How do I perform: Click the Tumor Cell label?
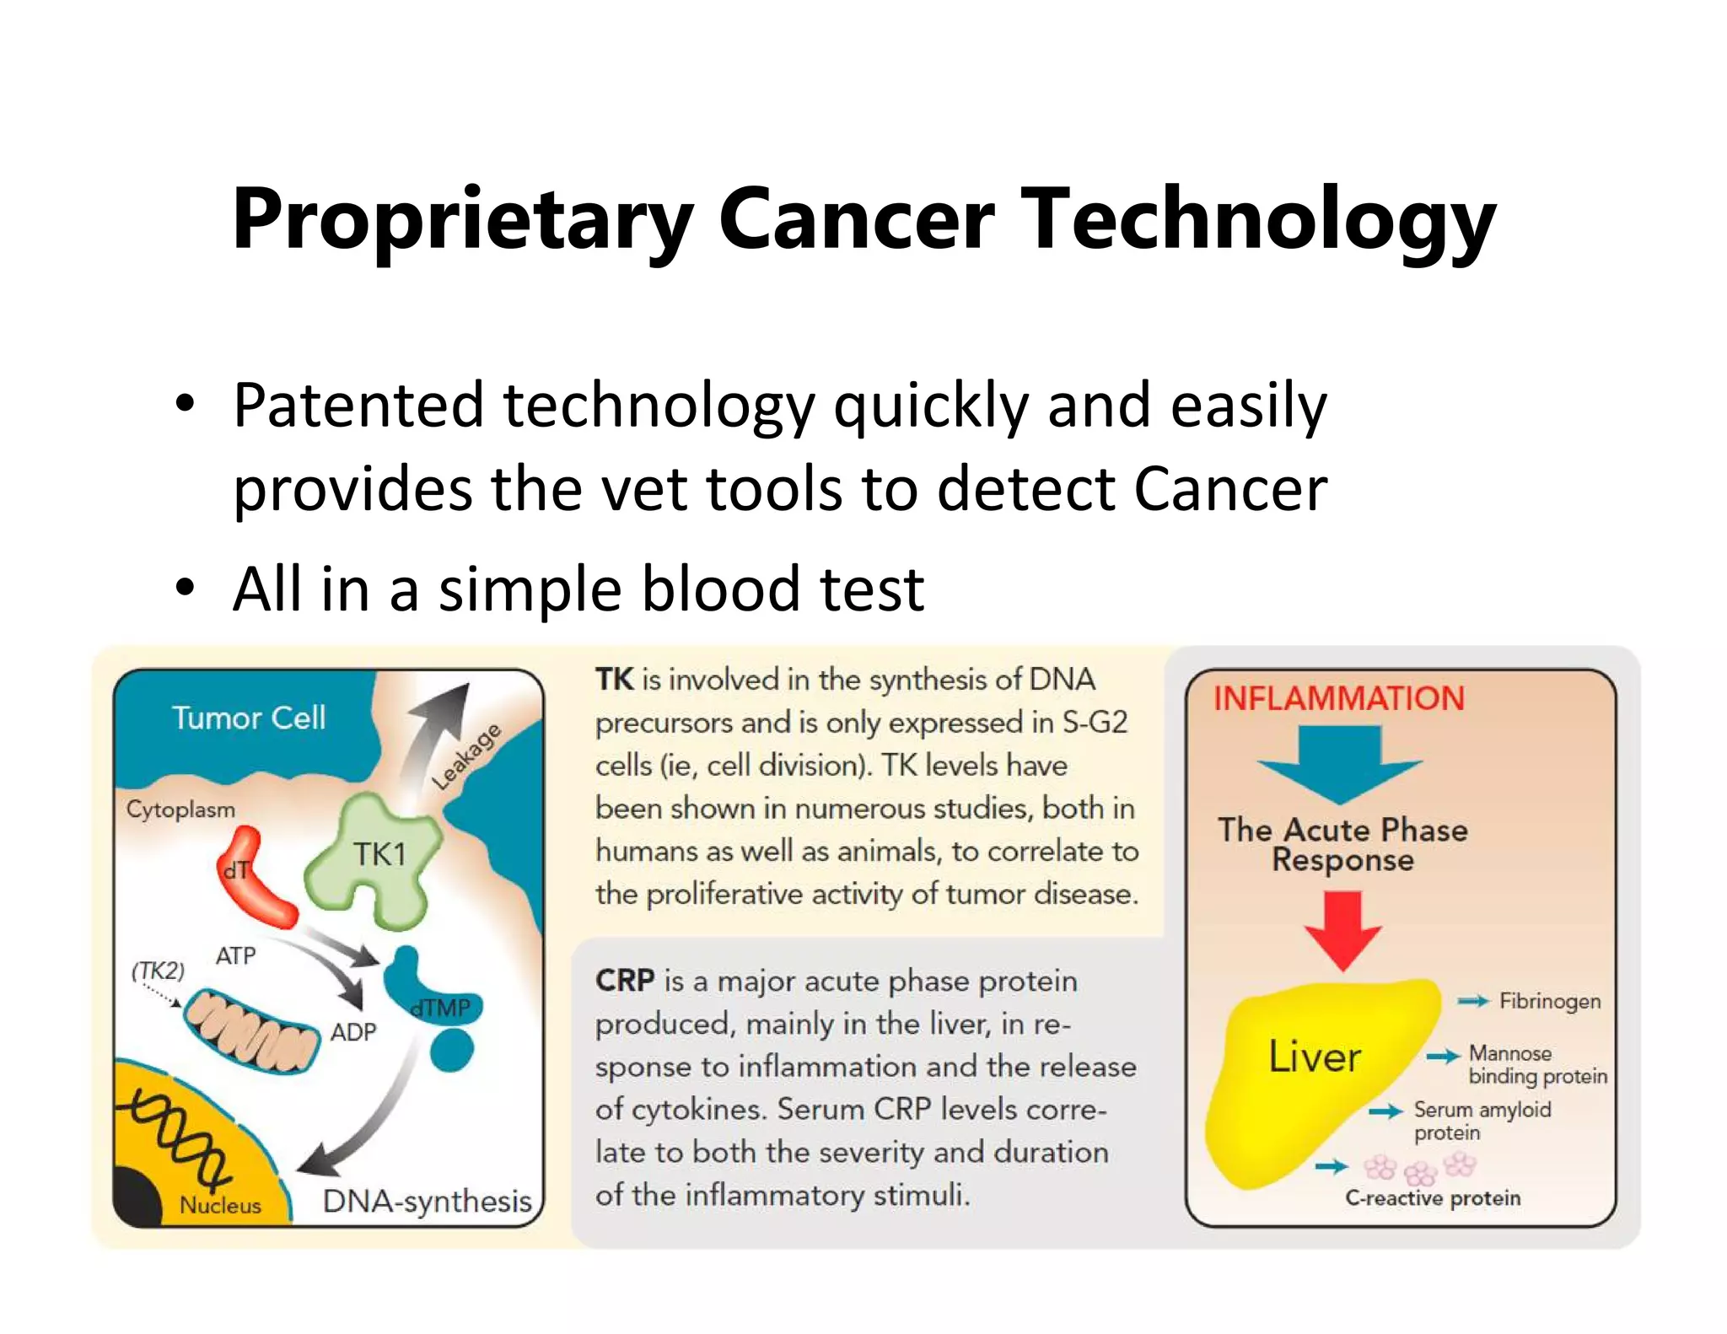point(249,718)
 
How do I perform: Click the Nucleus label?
point(220,1205)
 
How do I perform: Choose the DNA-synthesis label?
point(427,1201)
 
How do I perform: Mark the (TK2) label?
point(158,970)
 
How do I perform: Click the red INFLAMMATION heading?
point(1338,698)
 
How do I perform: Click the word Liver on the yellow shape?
point(1315,1057)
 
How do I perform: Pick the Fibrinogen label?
point(1549,1001)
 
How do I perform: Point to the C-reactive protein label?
point(1433,1198)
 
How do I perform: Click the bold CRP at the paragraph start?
point(625,981)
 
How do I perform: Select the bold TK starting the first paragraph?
point(614,680)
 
